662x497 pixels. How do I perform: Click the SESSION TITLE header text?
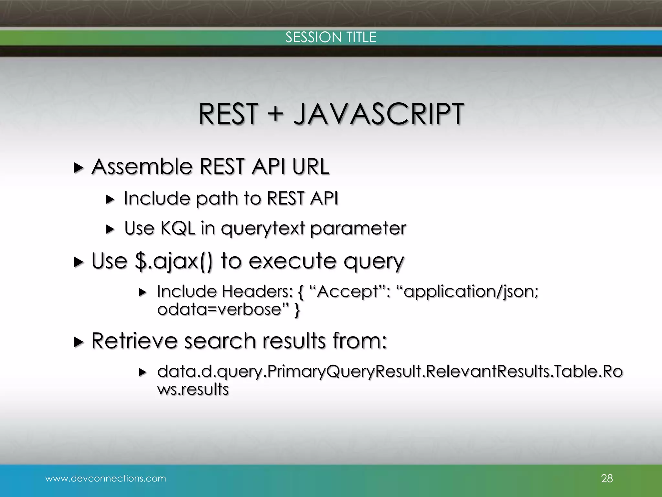coord(331,37)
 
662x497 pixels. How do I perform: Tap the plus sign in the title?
coord(275,114)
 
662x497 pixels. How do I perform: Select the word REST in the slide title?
coord(228,114)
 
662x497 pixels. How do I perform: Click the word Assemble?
coord(142,167)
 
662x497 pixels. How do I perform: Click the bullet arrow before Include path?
coord(110,200)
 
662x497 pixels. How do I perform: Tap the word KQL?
coord(178,228)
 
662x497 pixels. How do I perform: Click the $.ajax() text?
coord(174,261)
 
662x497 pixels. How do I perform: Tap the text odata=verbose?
coord(220,310)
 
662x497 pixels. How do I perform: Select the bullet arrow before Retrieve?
coord(78,342)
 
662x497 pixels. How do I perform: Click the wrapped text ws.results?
coord(193,389)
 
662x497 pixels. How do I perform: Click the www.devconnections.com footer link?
coord(106,478)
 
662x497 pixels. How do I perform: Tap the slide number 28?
coord(607,478)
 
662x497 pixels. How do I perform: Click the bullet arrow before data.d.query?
coord(143,372)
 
